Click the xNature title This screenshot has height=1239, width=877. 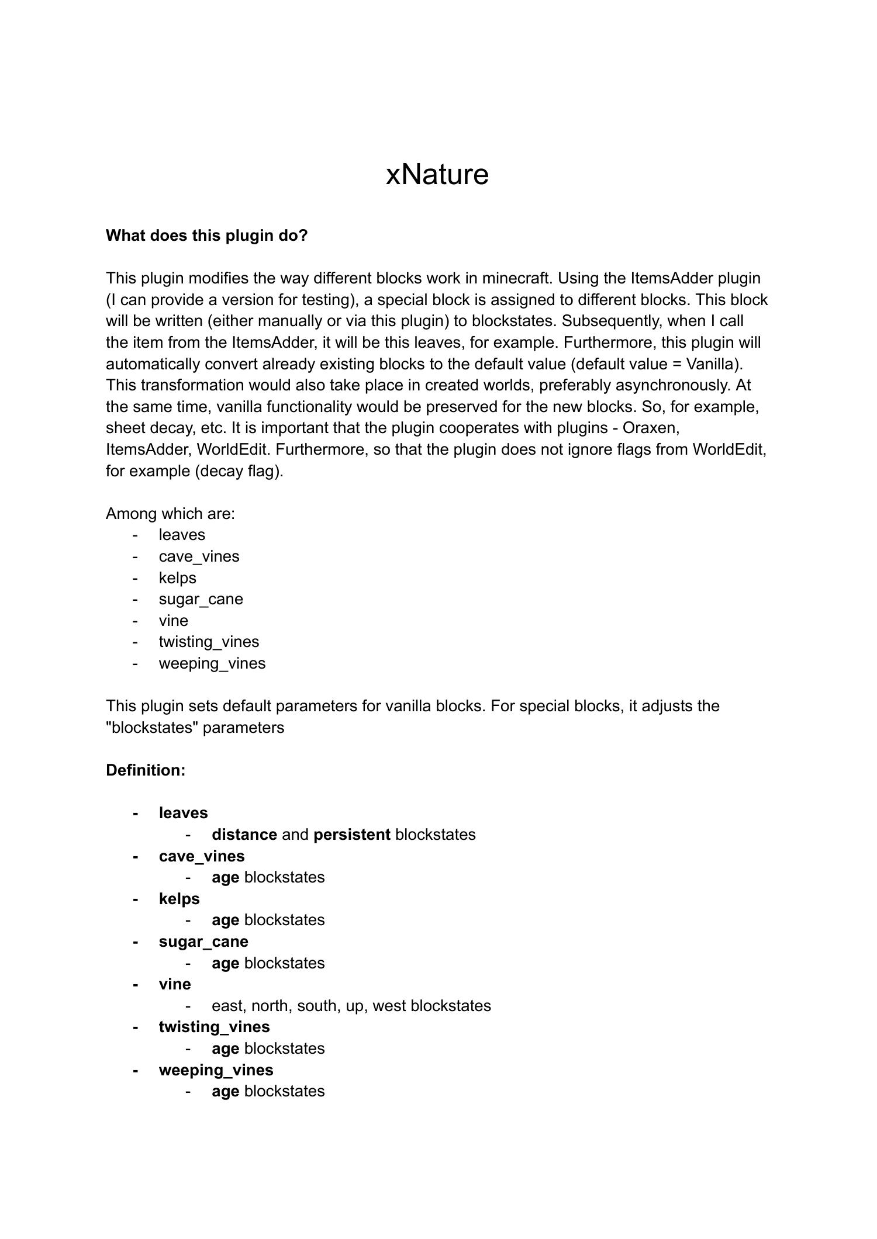(437, 174)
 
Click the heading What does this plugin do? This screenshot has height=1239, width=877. (206, 236)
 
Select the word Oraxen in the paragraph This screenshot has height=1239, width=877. (650, 428)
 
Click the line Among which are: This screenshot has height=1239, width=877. (170, 514)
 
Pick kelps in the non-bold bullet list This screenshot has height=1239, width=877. (177, 578)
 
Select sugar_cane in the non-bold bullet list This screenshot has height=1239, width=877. (201, 599)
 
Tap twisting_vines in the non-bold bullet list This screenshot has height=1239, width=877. (209, 642)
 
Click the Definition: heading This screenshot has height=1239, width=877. (146, 770)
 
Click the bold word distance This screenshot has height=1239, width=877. (244, 835)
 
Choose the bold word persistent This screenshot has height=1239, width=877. (351, 835)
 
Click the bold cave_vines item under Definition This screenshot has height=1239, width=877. (202, 856)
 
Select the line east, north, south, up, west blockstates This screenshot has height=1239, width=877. (351, 1006)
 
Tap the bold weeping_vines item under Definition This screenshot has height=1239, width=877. (216, 1070)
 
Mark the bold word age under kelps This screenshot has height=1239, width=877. (225, 920)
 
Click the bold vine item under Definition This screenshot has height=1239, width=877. (175, 984)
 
